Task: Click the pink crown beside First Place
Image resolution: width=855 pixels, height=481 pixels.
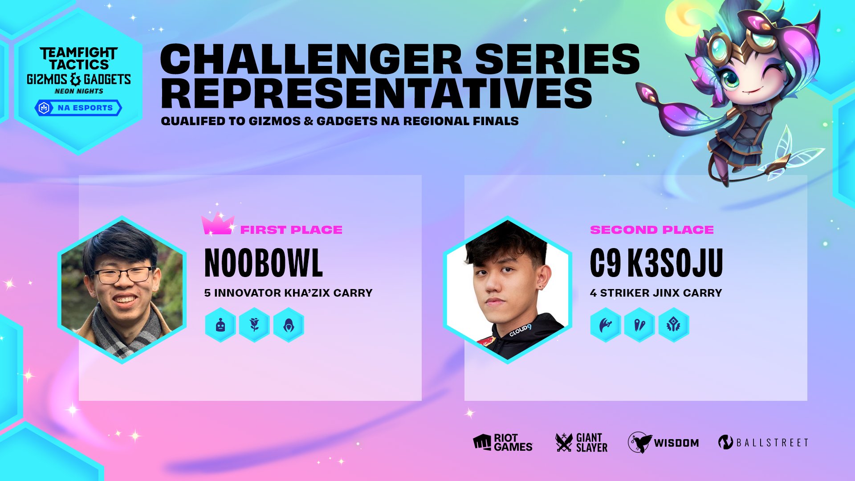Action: pos(217,224)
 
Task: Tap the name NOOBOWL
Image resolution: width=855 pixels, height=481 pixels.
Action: pos(263,263)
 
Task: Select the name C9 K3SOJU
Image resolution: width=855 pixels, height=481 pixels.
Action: pos(656,263)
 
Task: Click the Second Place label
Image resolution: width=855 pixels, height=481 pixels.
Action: pos(651,230)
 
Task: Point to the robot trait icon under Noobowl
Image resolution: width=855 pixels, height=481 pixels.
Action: pos(220,325)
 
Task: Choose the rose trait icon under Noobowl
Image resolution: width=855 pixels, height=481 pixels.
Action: pos(254,325)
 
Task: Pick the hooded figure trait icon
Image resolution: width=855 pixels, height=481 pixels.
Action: pos(289,325)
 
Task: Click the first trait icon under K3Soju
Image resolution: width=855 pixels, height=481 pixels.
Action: pos(605,325)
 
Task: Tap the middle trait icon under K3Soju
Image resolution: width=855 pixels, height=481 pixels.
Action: pos(639,325)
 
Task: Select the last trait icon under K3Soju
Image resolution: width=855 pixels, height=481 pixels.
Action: pos(673,325)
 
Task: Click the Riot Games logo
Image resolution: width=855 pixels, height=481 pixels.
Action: pos(503,443)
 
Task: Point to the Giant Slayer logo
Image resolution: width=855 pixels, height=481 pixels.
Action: pos(582,443)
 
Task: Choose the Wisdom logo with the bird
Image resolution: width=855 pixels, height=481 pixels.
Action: pos(664,443)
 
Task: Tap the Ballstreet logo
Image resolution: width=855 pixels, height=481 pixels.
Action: pos(763,443)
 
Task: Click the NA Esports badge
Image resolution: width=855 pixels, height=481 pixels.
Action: pos(78,108)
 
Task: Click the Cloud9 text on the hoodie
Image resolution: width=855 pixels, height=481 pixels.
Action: pos(520,330)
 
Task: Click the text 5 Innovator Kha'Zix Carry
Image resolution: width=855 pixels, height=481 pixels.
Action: pos(288,293)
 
